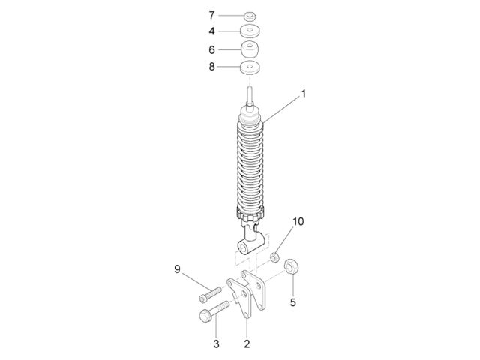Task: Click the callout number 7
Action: pyautogui.click(x=211, y=15)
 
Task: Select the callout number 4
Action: pyautogui.click(x=211, y=31)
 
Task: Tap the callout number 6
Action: pyautogui.click(x=211, y=50)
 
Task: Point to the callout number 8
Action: pyautogui.click(x=211, y=67)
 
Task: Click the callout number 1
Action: pyautogui.click(x=303, y=94)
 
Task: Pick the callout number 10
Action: pyautogui.click(x=298, y=221)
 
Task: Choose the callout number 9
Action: pyautogui.click(x=177, y=269)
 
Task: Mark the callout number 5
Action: pyautogui.click(x=293, y=302)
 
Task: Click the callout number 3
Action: pyautogui.click(x=216, y=343)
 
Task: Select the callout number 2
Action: pyautogui.click(x=247, y=343)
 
